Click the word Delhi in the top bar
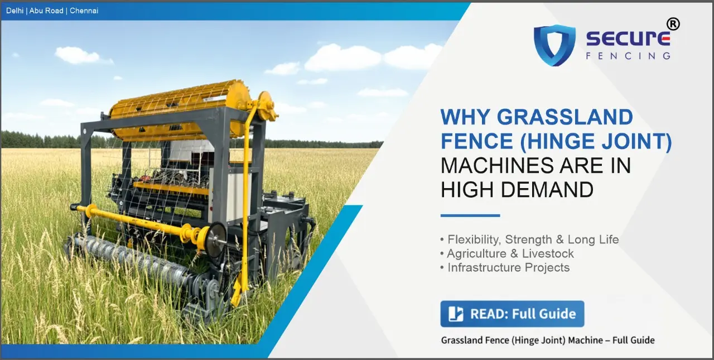(15, 11)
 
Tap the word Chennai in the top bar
(84, 11)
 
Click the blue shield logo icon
(554, 45)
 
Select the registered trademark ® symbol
(673, 24)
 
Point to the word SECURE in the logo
(628, 39)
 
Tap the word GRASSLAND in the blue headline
(565, 118)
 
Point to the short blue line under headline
(470, 215)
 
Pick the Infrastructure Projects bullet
(508, 267)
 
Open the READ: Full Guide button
(512, 314)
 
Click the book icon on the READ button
(456, 314)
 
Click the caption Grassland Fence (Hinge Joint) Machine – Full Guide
(547, 340)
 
